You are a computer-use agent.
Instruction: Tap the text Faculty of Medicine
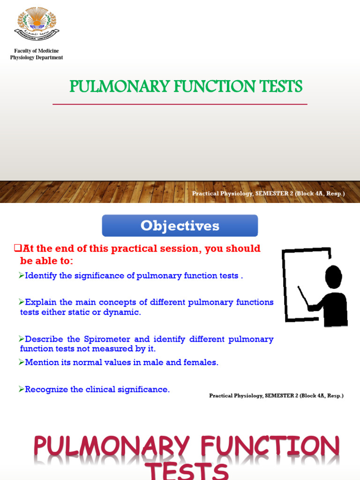37,51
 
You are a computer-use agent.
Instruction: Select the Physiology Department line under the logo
37,58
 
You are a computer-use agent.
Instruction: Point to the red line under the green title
180,104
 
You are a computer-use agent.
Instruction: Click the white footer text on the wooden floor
268,194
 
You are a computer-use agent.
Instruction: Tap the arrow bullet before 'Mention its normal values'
22,362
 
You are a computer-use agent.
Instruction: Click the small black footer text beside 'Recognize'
276,396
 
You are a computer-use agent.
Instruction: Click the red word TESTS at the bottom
187,471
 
